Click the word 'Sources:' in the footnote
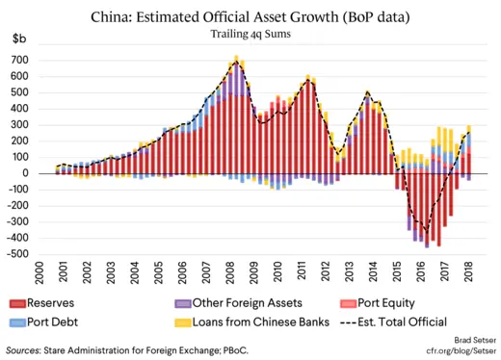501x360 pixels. (28, 351)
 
